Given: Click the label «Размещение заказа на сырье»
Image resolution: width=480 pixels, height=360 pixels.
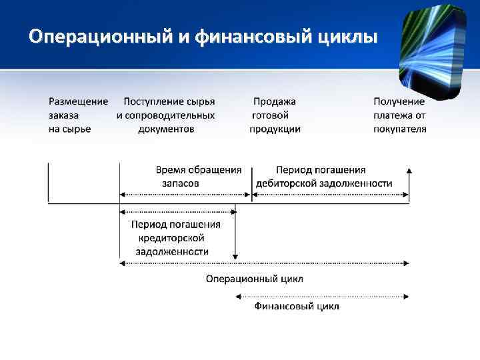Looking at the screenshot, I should [x=78, y=115].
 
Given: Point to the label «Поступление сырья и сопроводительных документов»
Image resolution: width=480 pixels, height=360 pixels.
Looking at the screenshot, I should [x=166, y=115].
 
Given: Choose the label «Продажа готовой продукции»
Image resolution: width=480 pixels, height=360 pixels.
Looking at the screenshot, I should [x=275, y=115].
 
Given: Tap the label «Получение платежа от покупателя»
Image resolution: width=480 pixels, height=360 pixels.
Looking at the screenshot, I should [x=399, y=115].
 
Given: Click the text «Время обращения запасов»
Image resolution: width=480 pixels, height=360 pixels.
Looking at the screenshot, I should [x=198, y=176].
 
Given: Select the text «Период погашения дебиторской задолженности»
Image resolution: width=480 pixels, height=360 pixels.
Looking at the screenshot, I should [x=324, y=176].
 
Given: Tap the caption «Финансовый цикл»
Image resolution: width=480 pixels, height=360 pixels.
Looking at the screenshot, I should [x=297, y=306].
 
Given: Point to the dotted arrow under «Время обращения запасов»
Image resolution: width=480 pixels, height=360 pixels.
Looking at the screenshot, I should [x=185, y=194].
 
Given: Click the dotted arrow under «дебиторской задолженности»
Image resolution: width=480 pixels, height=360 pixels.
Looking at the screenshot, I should [x=331, y=194].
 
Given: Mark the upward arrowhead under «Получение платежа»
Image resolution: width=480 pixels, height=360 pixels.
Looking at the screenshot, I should [x=409, y=171].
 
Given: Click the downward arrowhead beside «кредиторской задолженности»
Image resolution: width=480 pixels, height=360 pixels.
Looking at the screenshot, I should [x=235, y=255].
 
